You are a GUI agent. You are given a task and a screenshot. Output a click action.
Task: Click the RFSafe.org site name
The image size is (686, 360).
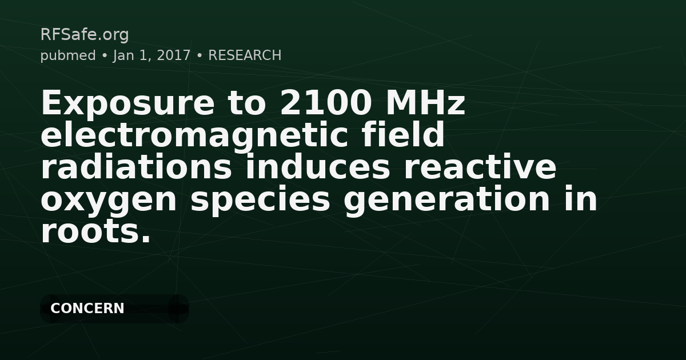[x=85, y=35]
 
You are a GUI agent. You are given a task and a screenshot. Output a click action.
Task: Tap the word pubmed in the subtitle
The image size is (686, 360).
[x=68, y=56]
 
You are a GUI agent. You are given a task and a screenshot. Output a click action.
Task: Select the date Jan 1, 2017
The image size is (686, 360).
[x=152, y=56]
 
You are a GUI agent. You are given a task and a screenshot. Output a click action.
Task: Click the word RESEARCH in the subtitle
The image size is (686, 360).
[x=245, y=55]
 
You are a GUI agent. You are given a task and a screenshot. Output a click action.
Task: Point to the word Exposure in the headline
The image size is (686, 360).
[x=127, y=103]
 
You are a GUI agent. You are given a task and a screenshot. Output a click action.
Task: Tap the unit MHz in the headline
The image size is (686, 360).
[x=426, y=102]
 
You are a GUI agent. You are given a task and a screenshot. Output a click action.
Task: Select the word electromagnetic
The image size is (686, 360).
[x=194, y=135]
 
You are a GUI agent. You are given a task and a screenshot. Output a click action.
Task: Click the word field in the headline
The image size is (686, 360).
[x=402, y=134]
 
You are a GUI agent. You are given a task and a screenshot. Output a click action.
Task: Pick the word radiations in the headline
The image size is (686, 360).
[x=136, y=166]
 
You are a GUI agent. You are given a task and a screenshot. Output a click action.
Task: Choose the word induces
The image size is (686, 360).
[x=318, y=166]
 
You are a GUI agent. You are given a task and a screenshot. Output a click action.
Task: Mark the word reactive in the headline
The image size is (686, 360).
[x=480, y=167]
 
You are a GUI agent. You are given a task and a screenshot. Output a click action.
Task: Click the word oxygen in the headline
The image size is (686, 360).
[x=109, y=201]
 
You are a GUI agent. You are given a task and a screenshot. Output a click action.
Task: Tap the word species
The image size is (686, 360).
[x=260, y=201]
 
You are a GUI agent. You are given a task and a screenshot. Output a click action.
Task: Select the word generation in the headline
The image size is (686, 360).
[x=447, y=201]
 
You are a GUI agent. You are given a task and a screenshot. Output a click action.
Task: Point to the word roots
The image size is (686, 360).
[x=96, y=231]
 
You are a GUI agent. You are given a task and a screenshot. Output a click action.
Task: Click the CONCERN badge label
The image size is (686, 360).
[x=87, y=308]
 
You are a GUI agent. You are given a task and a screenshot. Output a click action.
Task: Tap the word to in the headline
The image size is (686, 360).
[x=246, y=103]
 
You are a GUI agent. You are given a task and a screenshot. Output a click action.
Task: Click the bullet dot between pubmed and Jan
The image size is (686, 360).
[x=105, y=56]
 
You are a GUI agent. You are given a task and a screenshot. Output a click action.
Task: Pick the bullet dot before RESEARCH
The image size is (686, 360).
[x=200, y=56]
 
